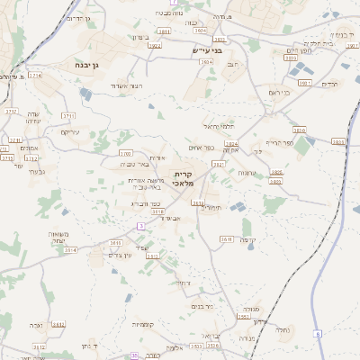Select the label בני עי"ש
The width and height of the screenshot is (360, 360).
click(x=206, y=51)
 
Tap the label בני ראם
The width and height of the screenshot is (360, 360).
click(x=281, y=92)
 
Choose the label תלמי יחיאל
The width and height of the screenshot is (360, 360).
click(x=219, y=125)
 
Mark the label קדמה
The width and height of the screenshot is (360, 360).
click(x=248, y=239)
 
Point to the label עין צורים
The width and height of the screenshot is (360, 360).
click(x=120, y=256)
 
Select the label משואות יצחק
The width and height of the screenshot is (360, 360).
click(x=60, y=238)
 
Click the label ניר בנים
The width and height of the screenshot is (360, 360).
click(x=202, y=306)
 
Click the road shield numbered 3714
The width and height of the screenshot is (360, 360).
click(x=35, y=76)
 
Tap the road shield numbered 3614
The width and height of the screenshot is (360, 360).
click(x=71, y=250)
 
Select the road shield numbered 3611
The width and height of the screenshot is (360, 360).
click(x=227, y=238)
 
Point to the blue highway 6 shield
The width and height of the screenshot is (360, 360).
click(x=317, y=334)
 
